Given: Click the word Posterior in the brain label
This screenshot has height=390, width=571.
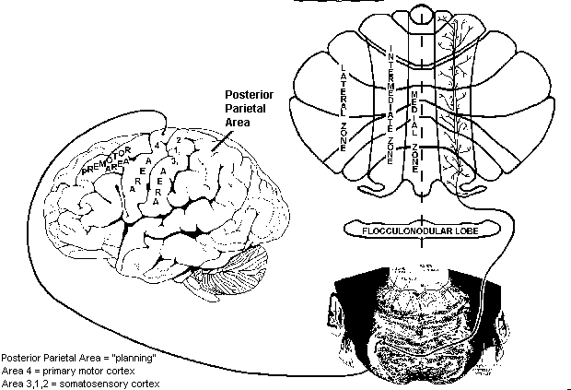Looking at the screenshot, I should pos(251,95).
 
